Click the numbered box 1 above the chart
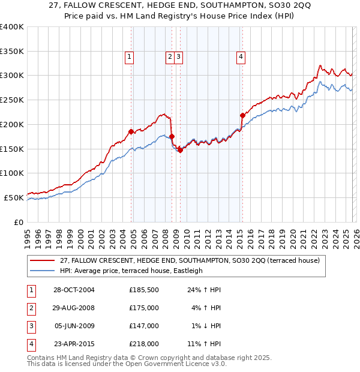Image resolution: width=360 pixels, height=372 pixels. pos(130,57)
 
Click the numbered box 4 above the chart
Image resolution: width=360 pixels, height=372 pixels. pos(241,57)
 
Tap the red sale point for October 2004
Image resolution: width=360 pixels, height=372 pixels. pos(131,131)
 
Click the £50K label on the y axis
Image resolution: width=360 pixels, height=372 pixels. pos(14,197)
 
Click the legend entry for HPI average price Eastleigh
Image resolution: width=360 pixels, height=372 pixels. pos(131,271)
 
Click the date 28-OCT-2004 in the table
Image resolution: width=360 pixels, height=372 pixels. pos(74,290)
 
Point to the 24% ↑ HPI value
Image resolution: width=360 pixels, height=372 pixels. pos(206,290)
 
